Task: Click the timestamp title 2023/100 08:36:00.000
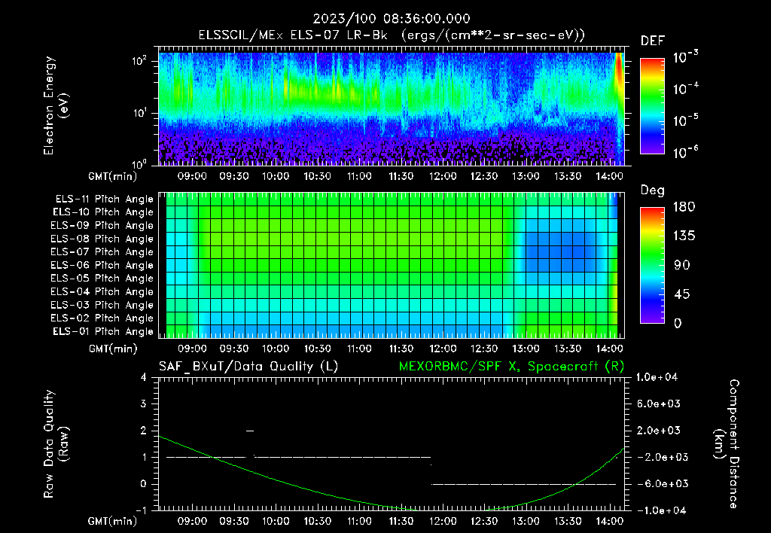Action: pos(385,19)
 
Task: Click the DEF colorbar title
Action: pos(651,41)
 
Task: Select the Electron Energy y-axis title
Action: pos(56,106)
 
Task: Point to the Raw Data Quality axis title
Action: pos(56,444)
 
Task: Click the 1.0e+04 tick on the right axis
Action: pos(660,377)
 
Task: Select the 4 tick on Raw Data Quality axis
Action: pos(144,377)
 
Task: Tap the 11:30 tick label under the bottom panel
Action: pos(401,521)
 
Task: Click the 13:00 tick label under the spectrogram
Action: pos(526,176)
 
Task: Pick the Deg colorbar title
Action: pos(651,190)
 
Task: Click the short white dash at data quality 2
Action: pos(250,431)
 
